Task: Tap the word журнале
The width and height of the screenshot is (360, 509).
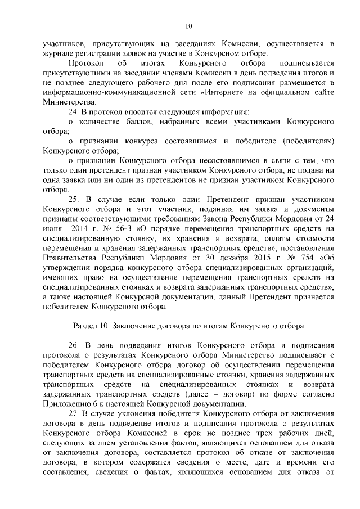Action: pos(57,53)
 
